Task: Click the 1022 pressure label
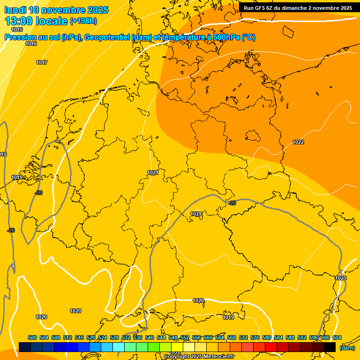tap(298, 142)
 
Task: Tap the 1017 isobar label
tap(42, 62)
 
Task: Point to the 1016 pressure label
tap(31, 44)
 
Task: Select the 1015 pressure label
tap(17, 30)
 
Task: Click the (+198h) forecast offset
tap(83, 21)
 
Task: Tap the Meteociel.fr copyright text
tap(216, 357)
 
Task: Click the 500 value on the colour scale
tap(32, 337)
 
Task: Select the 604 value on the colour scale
tap(337, 337)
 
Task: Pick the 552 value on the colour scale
tap(185, 337)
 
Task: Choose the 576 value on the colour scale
tap(255, 337)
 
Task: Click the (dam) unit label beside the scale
tap(347, 348)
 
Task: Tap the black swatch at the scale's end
tap(330, 347)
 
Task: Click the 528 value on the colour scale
tap(114, 337)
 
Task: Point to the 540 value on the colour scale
tap(150, 337)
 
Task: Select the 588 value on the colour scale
tap(290, 337)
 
